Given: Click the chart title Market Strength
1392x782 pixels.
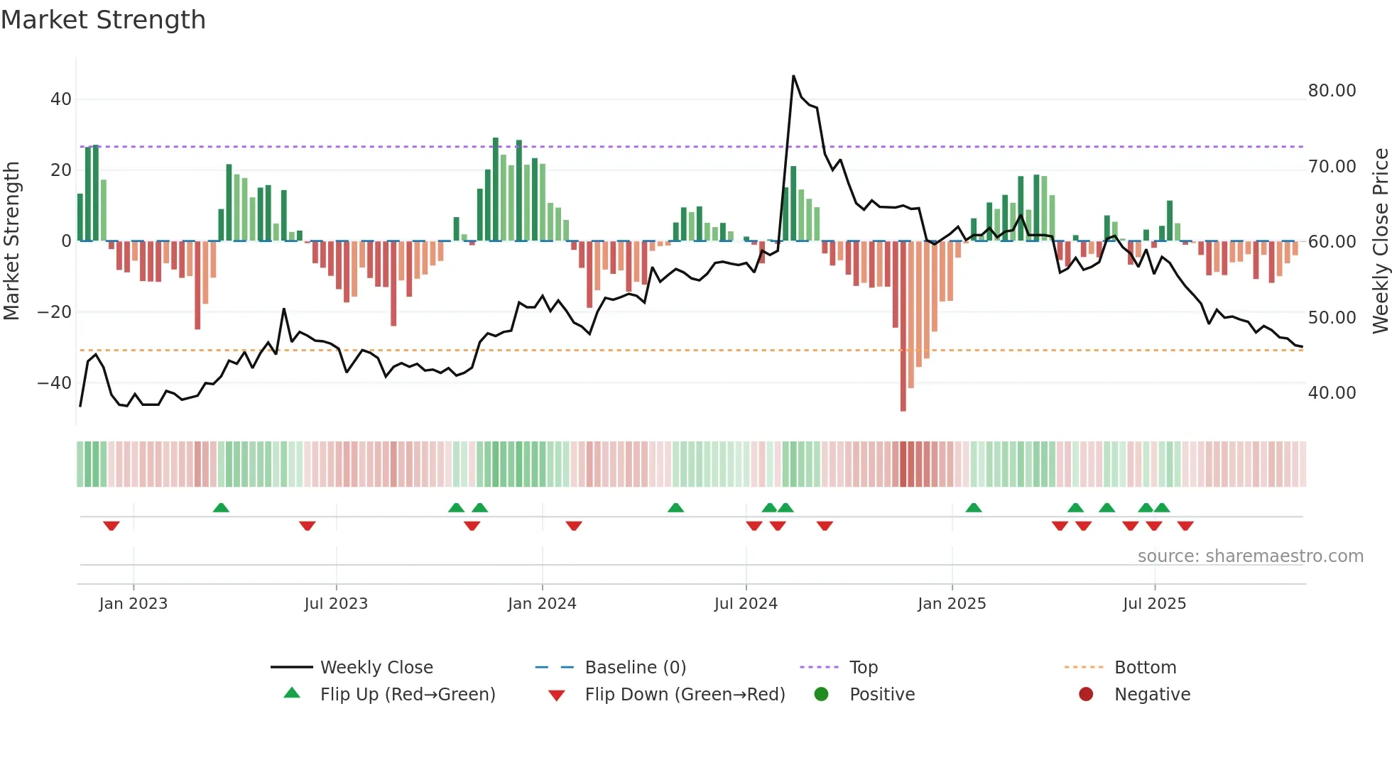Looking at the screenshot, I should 103,20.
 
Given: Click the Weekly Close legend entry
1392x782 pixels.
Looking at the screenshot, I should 376,668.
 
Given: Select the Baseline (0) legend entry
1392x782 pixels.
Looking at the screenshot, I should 635,668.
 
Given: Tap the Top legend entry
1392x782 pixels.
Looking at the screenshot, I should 863,668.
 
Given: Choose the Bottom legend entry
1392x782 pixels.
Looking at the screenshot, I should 1145,668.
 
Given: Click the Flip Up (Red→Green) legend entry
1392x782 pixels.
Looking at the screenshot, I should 407,695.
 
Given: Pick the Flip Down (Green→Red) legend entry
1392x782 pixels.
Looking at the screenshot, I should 685,695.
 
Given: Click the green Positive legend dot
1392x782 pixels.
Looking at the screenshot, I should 822,695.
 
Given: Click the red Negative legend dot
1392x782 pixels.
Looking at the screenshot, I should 1086,695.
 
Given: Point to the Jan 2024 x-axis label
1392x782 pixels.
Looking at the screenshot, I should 542,604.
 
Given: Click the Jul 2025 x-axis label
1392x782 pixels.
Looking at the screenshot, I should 1154,604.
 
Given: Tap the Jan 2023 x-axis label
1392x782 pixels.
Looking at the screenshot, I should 134,604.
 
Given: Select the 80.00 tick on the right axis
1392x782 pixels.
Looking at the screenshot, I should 1332,91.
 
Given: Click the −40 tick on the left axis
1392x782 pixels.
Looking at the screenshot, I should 55,383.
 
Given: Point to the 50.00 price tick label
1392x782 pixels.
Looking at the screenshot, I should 1332,318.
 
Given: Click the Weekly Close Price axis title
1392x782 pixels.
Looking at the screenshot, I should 1380,241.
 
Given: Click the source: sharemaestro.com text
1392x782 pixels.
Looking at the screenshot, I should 1250,556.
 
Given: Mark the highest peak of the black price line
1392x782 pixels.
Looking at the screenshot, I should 793,76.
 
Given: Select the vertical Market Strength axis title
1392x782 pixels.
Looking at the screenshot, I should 11,241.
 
